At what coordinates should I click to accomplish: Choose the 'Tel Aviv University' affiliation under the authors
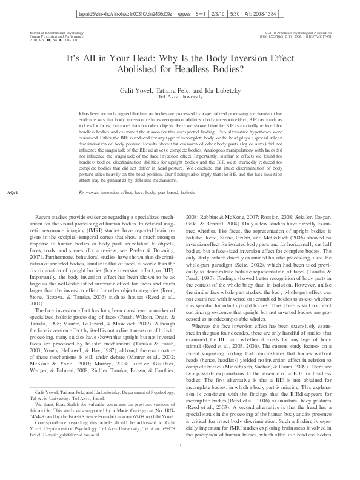(x=180, y=96)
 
